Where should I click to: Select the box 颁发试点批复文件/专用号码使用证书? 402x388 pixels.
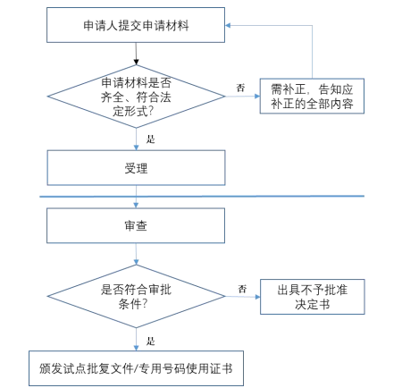135,367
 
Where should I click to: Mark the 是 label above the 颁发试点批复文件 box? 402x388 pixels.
149,341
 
